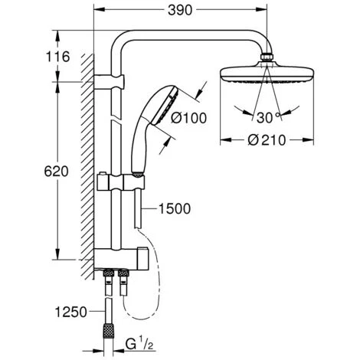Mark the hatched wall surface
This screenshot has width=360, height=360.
pyautogui.click(x=86, y=153)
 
